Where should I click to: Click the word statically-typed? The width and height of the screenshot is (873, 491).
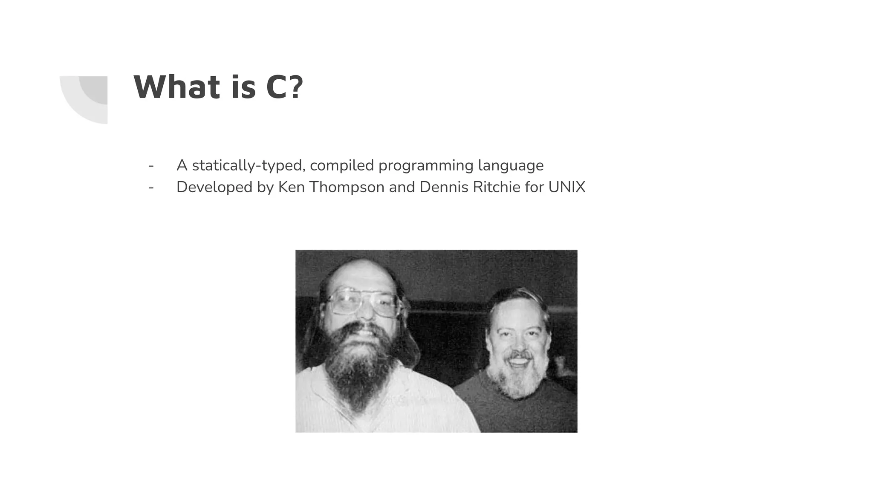(x=249, y=165)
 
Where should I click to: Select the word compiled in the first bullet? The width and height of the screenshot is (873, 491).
(x=341, y=165)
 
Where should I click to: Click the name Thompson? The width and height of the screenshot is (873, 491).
(x=347, y=187)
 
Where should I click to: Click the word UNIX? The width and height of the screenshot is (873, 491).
(x=567, y=187)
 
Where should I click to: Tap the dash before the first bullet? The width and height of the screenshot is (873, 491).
(x=151, y=165)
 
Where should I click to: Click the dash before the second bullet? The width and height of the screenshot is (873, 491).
(x=151, y=187)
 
